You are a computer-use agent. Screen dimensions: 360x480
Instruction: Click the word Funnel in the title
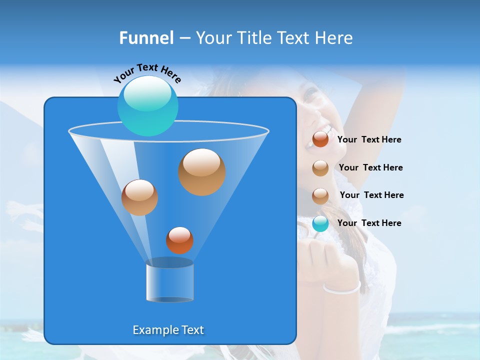click(146, 38)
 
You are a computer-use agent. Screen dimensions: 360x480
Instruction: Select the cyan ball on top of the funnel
click(147, 105)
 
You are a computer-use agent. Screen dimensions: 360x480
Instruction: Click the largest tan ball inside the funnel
click(202, 171)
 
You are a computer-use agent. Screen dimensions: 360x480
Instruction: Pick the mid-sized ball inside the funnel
click(139, 197)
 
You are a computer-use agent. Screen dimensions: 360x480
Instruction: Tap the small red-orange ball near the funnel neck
click(179, 240)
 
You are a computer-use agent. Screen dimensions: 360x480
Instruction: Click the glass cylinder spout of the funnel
click(169, 281)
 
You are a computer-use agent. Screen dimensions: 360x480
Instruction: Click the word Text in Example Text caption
click(192, 330)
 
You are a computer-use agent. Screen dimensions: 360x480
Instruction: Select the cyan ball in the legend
click(320, 223)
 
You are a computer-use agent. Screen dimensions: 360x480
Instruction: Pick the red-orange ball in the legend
click(320, 139)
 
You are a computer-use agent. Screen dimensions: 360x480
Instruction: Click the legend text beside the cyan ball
click(369, 223)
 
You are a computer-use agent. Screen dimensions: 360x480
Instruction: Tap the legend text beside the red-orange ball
click(369, 140)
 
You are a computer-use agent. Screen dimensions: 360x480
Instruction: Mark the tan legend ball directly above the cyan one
click(320, 195)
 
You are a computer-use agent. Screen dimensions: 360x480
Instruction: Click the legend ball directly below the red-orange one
click(320, 168)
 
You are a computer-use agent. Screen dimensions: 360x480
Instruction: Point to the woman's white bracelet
click(342, 288)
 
